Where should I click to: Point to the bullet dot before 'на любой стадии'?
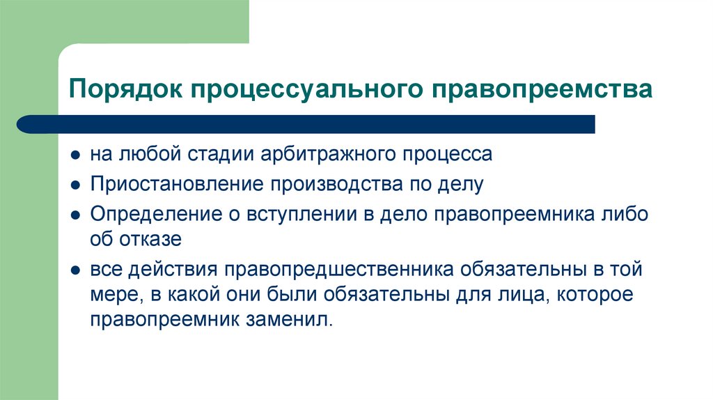(x=75, y=154)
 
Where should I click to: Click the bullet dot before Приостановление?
(x=75, y=185)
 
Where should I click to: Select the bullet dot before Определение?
(x=75, y=215)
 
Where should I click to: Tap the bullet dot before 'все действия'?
(x=75, y=270)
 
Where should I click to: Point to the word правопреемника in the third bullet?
(x=513, y=213)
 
